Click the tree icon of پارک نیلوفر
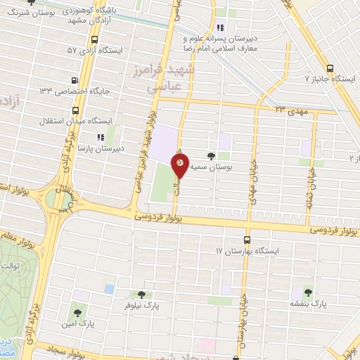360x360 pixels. pos(141,295)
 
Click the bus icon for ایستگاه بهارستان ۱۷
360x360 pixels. pos(247,240)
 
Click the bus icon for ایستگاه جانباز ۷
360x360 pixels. pos(340,79)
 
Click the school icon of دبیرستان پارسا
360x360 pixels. pos(101,137)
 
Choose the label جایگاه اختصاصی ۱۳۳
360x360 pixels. pos(75,91)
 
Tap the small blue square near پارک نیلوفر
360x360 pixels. pos(108,289)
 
